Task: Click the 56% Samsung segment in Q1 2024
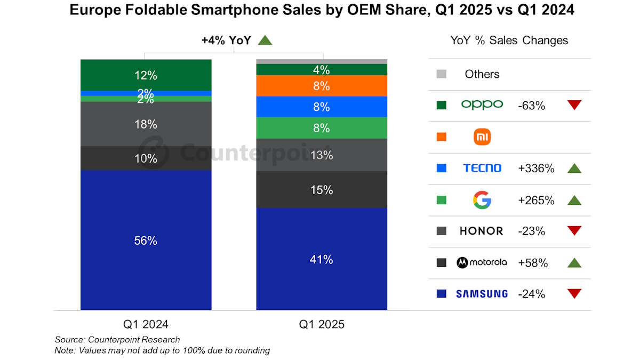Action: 146,240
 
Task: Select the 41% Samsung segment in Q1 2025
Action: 322,259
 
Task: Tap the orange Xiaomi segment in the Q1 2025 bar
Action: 322,86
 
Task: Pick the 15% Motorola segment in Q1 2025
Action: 322,190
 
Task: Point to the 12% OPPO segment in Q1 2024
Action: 146,75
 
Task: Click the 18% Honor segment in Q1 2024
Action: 146,124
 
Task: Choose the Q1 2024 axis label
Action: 146,324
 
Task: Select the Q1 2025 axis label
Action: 322,324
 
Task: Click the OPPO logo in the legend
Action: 482,105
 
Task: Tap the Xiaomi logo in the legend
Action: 482,137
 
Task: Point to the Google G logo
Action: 482,200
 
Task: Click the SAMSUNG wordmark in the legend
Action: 482,293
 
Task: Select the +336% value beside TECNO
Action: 536,169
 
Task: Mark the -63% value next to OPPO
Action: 531,106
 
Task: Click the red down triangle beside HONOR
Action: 574,231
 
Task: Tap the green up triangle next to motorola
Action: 574,262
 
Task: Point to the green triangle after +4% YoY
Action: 265,40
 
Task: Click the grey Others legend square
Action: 441,74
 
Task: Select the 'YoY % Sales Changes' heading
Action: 509,41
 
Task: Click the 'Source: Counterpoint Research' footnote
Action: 117,340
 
